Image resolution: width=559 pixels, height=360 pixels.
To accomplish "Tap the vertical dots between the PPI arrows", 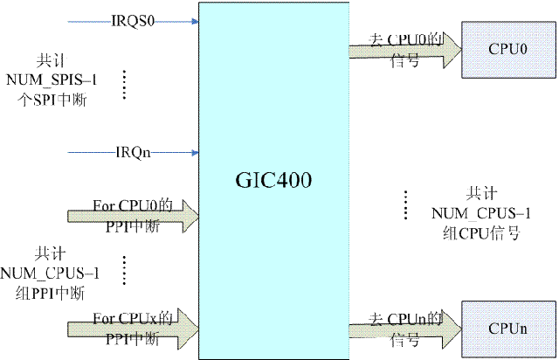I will click(125, 270).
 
